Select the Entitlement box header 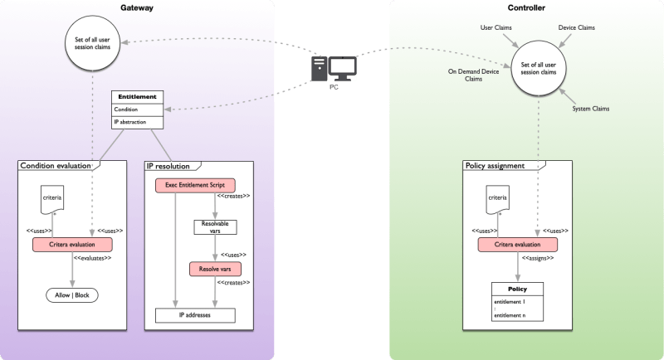click(136, 96)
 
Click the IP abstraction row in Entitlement click(136, 122)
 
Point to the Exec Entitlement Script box click(195, 185)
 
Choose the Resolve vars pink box click(216, 270)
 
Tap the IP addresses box click(196, 315)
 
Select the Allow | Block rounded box click(71, 295)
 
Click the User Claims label click(496, 27)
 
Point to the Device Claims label click(578, 27)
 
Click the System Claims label click(591, 108)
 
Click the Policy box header click(517, 289)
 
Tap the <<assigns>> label click(539, 258)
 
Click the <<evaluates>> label click(93, 258)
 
